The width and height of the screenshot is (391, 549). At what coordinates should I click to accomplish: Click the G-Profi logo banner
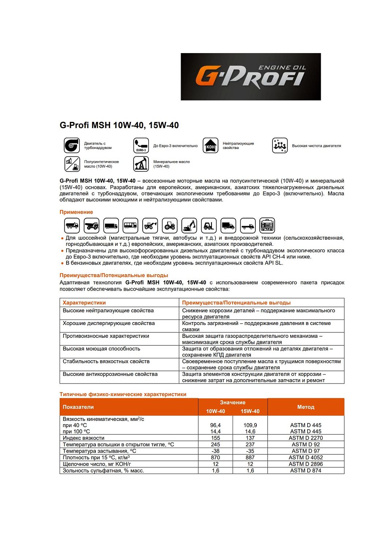[251, 76]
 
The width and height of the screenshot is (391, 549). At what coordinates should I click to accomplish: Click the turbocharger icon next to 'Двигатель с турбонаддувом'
[72, 145]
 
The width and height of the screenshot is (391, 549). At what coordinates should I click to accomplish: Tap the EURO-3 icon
[141, 145]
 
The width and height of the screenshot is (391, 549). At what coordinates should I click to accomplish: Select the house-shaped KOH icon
[210, 145]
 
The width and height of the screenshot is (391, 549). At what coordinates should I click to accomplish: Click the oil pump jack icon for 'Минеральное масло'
[141, 164]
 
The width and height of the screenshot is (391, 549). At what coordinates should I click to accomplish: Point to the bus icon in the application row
[130, 225]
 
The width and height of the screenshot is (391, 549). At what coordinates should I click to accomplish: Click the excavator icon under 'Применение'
[189, 225]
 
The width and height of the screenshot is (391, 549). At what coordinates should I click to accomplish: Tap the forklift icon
[208, 225]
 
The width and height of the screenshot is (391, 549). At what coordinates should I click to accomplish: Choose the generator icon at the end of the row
[267, 225]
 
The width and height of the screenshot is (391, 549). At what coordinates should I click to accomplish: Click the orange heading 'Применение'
[76, 212]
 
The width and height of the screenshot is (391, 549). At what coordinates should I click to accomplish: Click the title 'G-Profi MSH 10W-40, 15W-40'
[119, 125]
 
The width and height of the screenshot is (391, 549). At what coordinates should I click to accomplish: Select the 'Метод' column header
[305, 407]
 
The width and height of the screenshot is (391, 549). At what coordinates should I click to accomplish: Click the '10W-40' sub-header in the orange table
[215, 411]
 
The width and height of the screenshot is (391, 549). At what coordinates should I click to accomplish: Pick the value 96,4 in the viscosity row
[215, 425]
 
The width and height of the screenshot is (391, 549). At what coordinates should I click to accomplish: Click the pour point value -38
[215, 451]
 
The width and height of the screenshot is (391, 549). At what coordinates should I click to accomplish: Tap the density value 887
[250, 457]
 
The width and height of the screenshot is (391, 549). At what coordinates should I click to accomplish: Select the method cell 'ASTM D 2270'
[305, 438]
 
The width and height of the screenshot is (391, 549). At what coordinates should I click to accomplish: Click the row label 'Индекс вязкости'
[83, 438]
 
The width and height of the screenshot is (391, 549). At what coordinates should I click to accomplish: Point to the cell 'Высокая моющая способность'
[101, 349]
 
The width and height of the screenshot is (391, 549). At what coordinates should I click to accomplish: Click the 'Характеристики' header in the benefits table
[84, 303]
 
